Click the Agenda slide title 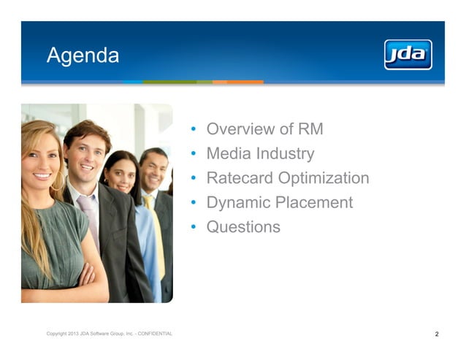tap(83, 55)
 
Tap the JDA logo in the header tap(408, 55)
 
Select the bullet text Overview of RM tap(264, 129)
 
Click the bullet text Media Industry tap(260, 153)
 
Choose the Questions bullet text tap(243, 227)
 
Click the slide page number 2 tap(437, 334)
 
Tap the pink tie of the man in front tap(89, 220)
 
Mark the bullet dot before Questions tap(193, 228)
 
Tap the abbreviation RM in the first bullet tap(310, 129)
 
